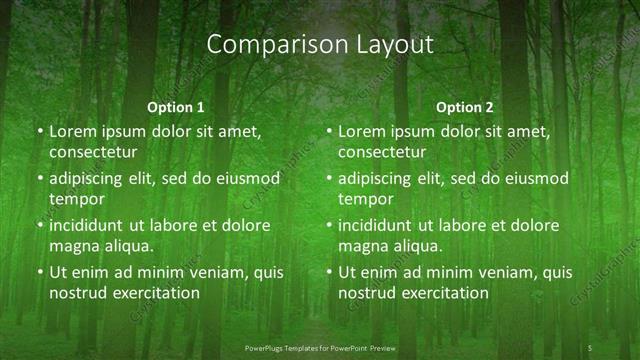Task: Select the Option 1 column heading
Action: click(x=176, y=107)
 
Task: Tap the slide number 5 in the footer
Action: click(x=590, y=347)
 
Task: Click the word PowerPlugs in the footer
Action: click(x=268, y=347)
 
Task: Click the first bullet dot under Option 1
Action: click(x=40, y=132)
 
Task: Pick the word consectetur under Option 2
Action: click(x=383, y=152)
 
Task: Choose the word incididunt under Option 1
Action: click(x=90, y=226)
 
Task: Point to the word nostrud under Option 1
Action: click(x=76, y=293)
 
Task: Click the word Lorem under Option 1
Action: click(x=71, y=132)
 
